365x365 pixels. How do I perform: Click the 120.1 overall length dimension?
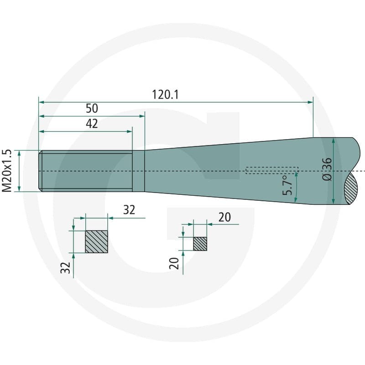pos(165,95)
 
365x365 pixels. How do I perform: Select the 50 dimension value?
pos(92,109)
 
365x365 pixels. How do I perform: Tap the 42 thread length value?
pos(92,124)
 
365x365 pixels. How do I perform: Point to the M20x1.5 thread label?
pos(7,171)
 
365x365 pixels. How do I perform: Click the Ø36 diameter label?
pos(327,169)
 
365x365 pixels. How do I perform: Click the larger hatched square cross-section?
pos(97,242)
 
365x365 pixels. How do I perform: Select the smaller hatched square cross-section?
pos(200,244)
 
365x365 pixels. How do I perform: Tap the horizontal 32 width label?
pos(129,210)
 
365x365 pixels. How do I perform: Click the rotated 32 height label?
pos(65,267)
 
